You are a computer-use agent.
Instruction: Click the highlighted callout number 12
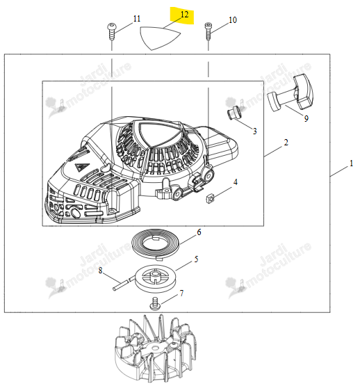pos(184,15)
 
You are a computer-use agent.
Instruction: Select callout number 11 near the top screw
pos(137,19)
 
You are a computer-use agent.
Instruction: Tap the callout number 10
pos(233,20)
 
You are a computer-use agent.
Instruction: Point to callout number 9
pos(306,119)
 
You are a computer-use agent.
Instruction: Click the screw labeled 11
pos(111,31)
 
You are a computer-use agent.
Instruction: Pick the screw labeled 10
pos(208,31)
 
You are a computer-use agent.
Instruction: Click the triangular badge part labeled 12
pos(159,38)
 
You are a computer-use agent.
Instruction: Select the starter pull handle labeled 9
pos(291,93)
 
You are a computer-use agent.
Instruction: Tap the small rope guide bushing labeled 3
pos(234,113)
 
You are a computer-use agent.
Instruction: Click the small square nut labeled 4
pos(209,198)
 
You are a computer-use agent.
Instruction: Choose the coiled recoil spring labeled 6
pos(156,244)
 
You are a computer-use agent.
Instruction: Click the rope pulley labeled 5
pos(155,278)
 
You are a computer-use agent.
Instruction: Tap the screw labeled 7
pos(154,304)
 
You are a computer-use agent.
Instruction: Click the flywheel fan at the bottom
pos(156,350)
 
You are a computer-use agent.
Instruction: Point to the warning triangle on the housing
pos(79,168)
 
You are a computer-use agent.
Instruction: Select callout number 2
pos(286,143)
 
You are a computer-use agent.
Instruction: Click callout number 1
pos(352,163)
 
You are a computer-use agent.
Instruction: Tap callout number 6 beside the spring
pos(199,232)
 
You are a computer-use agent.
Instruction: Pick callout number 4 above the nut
pos(235,182)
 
